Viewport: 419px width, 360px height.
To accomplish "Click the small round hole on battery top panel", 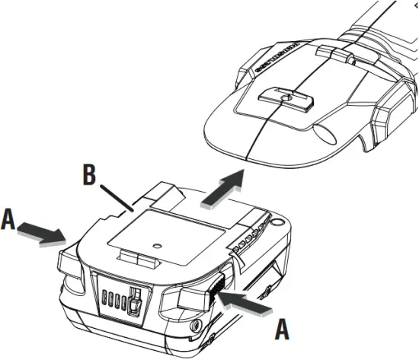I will point(157,246).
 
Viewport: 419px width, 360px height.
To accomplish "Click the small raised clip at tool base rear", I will point(329,52).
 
